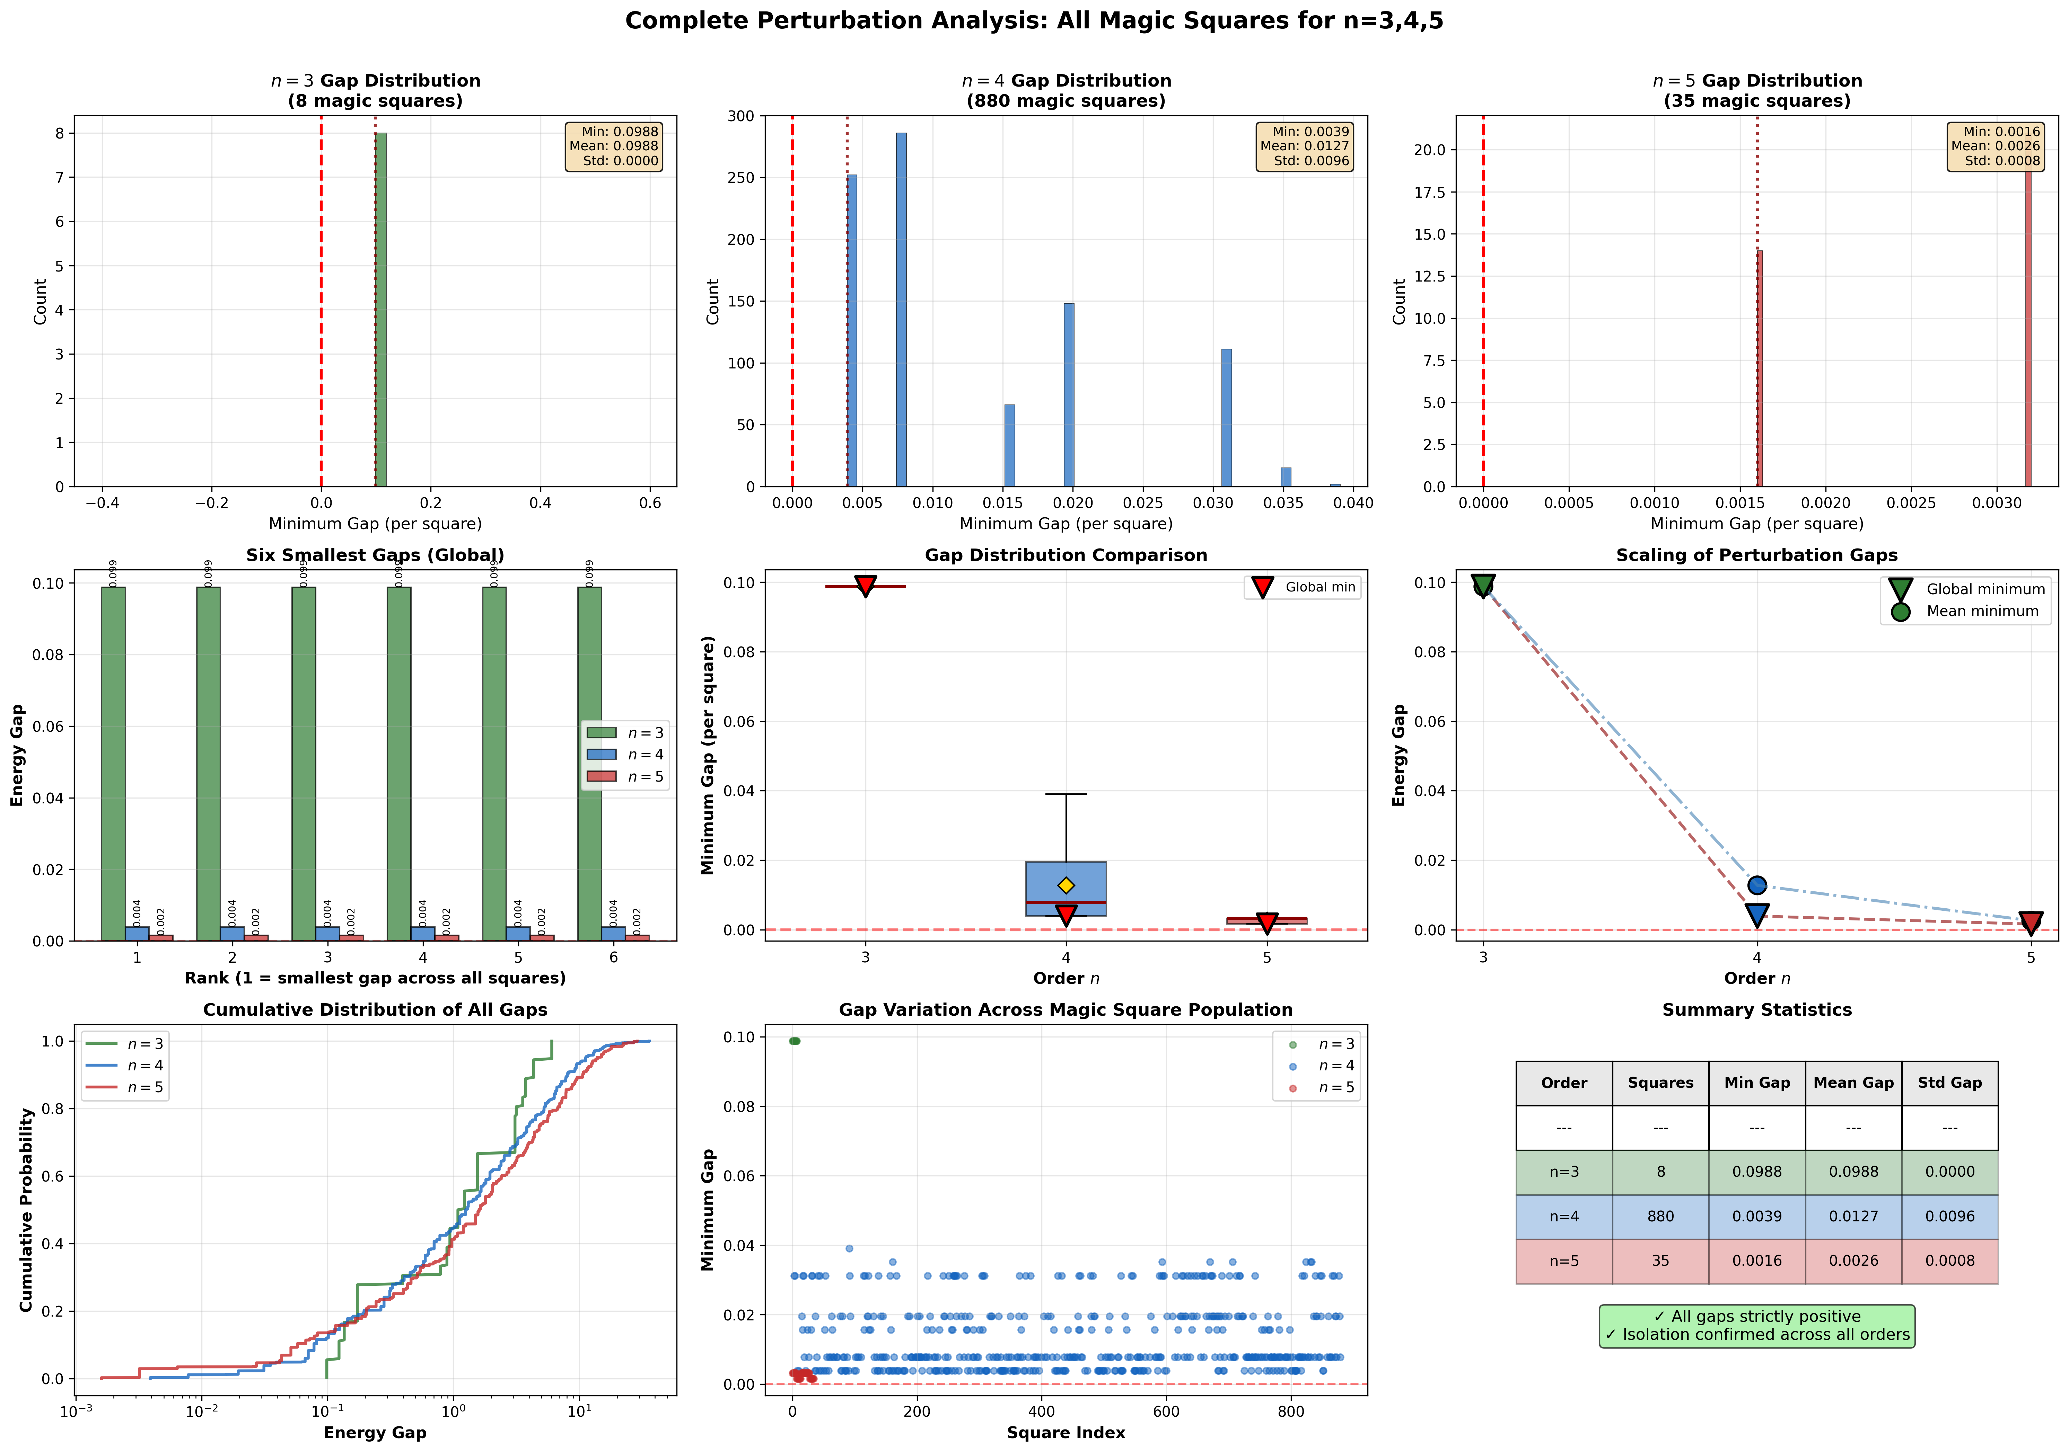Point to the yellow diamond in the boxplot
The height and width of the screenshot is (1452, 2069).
point(1066,885)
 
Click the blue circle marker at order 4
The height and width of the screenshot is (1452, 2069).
point(1756,885)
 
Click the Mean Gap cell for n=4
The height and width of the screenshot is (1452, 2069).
point(1853,1216)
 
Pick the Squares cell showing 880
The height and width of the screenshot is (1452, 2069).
point(1660,1216)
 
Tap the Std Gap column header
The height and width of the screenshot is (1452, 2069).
point(1949,1083)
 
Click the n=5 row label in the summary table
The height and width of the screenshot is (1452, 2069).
point(1563,1261)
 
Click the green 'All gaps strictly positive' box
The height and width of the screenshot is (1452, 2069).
point(1756,1326)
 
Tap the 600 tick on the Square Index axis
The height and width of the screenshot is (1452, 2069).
point(1166,1411)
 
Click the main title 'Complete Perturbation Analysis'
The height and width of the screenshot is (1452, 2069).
point(1034,21)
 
